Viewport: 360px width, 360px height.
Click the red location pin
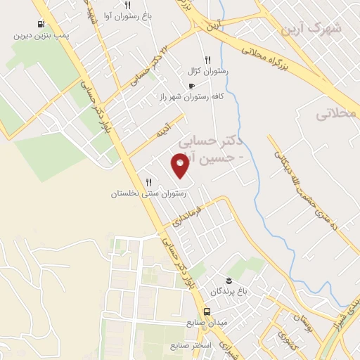click(181, 166)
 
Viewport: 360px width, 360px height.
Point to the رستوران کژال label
click(205, 71)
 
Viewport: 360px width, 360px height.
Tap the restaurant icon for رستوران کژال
click(207, 60)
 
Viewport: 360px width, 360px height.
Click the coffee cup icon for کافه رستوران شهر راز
click(192, 86)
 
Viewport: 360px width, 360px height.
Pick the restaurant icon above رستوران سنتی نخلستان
click(148, 183)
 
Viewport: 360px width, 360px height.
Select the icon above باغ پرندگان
click(229, 279)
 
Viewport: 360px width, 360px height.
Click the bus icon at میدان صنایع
click(207, 311)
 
